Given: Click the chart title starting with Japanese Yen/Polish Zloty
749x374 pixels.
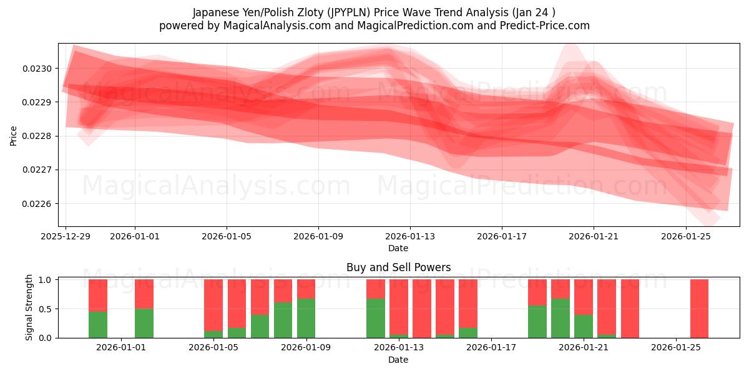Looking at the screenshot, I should (374, 12).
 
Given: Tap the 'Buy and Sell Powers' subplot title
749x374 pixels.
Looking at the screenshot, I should (398, 267).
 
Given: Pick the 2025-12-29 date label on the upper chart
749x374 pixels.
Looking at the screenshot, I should (66, 236).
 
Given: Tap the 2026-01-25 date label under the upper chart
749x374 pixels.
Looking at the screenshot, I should (686, 236).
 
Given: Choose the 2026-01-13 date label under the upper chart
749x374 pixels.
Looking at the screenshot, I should (410, 236).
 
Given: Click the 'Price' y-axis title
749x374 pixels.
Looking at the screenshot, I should (14, 136).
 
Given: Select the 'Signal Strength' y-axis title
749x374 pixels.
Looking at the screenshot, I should (29, 307).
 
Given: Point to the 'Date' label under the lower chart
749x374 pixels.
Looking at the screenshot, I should (398, 360).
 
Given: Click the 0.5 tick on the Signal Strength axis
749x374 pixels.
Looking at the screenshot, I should (44, 309).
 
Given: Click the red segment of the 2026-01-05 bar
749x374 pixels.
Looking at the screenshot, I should (213, 304).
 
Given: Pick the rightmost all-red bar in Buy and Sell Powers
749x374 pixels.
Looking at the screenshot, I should (699, 309).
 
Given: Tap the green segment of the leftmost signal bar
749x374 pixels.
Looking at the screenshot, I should (98, 325).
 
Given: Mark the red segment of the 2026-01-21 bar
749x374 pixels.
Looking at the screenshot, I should (584, 297).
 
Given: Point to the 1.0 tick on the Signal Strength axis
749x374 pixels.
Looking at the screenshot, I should (44, 280).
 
